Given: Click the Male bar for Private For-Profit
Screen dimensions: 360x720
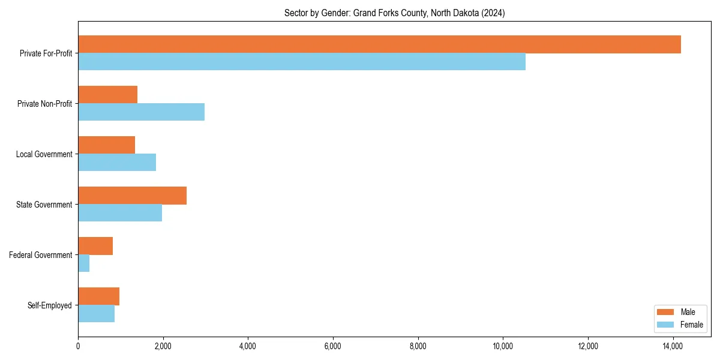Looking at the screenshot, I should (379, 44).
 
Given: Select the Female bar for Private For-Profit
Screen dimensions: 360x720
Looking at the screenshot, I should (302, 62).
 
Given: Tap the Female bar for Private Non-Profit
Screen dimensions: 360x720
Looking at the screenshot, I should (141, 112).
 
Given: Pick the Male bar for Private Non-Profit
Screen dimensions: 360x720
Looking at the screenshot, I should (108, 95).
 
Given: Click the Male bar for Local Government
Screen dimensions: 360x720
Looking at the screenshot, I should (107, 145).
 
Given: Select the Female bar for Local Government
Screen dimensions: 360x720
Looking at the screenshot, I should (117, 163).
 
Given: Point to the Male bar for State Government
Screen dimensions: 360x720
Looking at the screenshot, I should (132, 196).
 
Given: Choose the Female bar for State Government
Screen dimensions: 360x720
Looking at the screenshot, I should (120, 213).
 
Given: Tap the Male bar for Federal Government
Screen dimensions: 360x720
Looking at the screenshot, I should (95, 246).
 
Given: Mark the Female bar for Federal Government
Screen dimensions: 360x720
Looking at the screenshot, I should (84, 263).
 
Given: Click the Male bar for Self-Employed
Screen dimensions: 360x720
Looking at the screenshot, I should (99, 296).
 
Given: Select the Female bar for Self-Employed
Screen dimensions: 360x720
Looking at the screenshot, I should (97, 314).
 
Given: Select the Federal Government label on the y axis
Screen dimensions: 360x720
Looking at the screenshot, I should (41, 255).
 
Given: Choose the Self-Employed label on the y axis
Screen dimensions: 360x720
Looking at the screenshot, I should (50, 305).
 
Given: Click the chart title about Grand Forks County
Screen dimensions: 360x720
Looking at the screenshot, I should (394, 13).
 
